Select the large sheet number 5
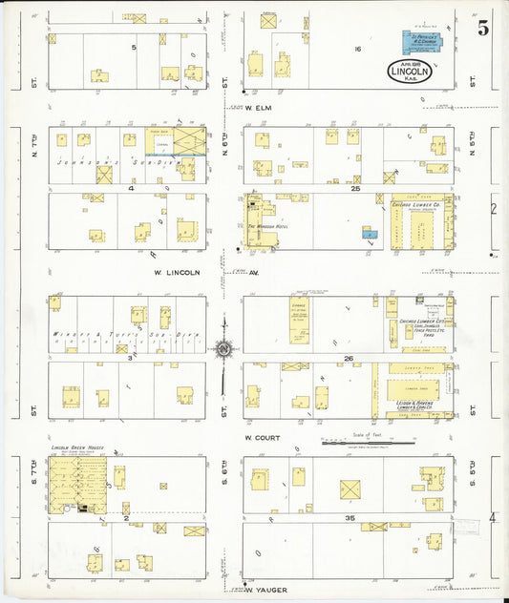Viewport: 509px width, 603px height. click(x=483, y=28)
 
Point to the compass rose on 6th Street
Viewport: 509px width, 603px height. click(x=223, y=350)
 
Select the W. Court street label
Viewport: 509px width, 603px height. click(x=260, y=438)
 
